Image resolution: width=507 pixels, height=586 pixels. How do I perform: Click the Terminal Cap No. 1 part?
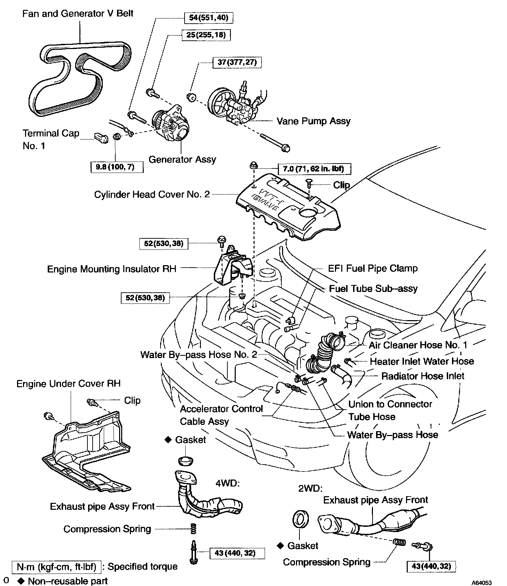101,138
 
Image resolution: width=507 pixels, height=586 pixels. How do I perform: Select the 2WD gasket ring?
301,520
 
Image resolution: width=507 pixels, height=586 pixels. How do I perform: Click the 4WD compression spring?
194,529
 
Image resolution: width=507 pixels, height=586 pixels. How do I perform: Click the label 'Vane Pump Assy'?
313,121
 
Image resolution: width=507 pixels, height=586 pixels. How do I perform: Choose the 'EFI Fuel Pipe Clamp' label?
373,268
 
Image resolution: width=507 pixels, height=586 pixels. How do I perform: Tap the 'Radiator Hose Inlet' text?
423,376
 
